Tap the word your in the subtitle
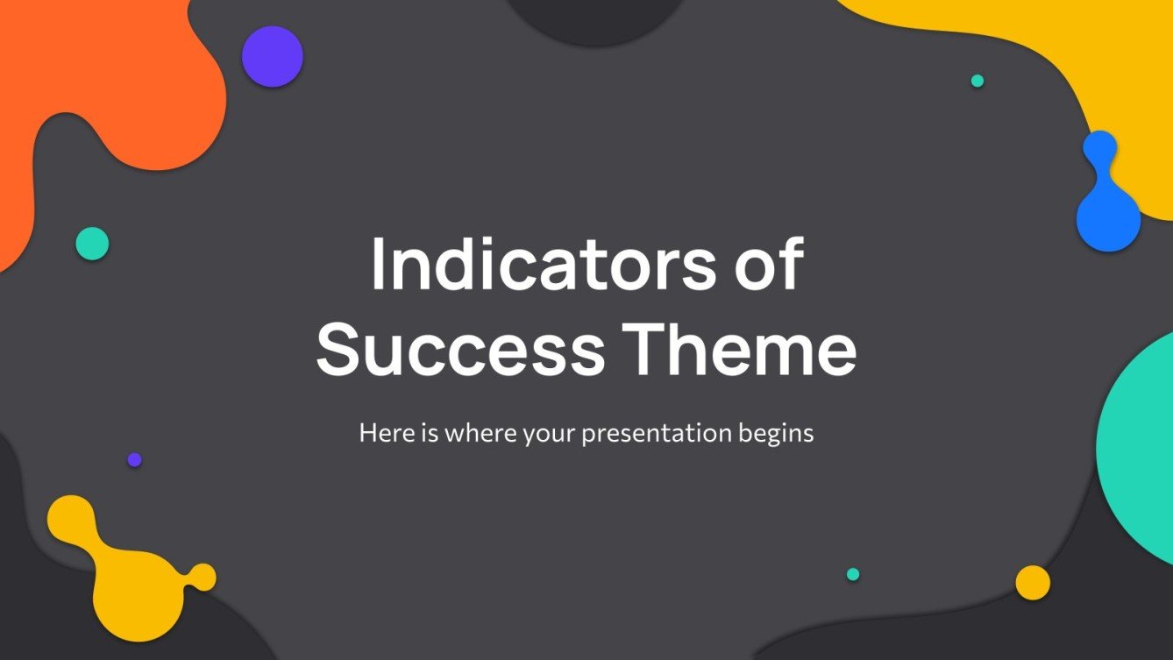(x=550, y=433)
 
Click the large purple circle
(x=273, y=56)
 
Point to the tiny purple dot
(x=134, y=459)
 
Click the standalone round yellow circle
(x=1033, y=583)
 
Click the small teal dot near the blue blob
(x=977, y=81)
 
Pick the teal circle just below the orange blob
(x=92, y=244)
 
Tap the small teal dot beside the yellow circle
(x=853, y=574)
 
